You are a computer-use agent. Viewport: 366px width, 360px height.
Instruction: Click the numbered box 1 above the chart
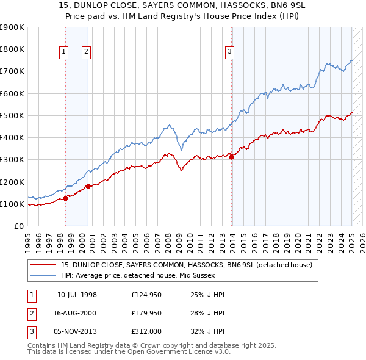(x=64, y=52)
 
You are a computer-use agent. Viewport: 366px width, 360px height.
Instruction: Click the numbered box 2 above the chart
(x=87, y=52)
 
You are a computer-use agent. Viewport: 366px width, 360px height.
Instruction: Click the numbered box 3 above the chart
(x=230, y=52)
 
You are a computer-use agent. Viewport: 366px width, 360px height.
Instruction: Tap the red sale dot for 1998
(x=65, y=198)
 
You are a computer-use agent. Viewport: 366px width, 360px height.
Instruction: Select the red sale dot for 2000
(x=88, y=186)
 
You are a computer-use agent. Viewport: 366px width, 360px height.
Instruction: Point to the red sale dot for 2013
(x=232, y=157)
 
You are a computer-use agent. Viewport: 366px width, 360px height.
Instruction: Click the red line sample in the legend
(x=43, y=265)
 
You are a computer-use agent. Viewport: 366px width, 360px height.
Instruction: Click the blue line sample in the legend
(x=43, y=275)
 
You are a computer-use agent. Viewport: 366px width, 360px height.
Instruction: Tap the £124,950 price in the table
(x=145, y=295)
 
